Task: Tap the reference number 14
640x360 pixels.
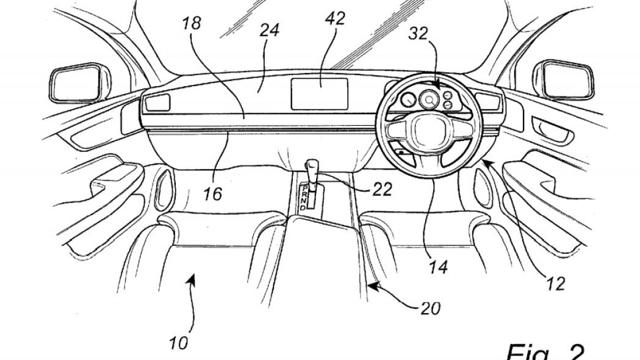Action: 438,267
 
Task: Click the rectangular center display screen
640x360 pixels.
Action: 319,94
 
